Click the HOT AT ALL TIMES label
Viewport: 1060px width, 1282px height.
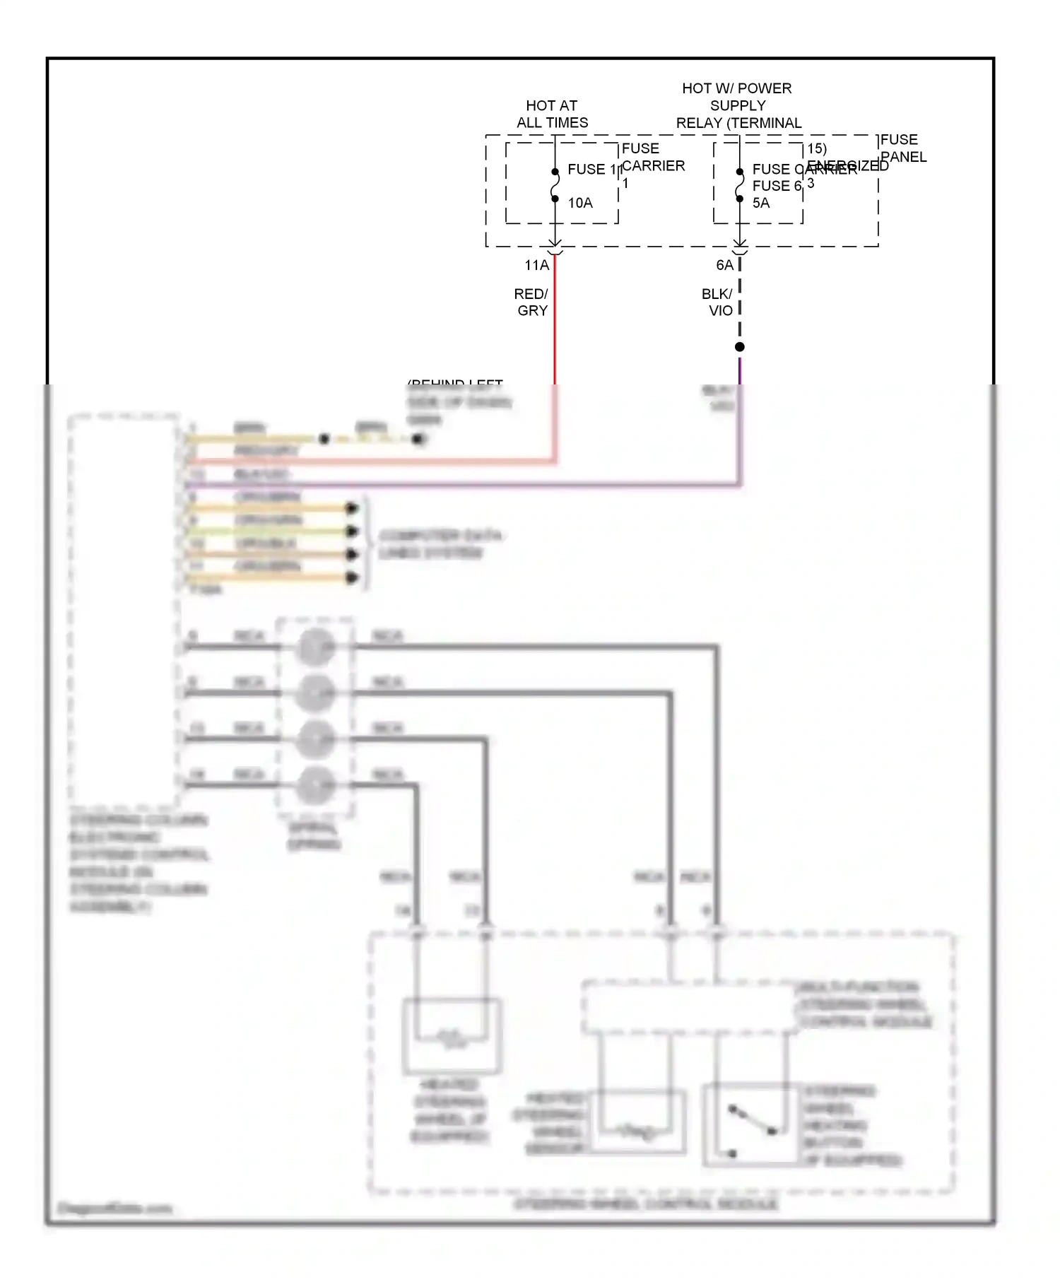[552, 114]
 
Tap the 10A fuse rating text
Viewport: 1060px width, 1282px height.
[579, 203]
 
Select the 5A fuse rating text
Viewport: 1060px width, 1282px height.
[760, 203]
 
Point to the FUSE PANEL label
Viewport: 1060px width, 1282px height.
[902, 148]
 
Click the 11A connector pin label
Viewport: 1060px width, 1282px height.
[536, 265]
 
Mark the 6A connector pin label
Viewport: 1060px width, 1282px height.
[724, 265]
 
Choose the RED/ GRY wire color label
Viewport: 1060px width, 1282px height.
[531, 302]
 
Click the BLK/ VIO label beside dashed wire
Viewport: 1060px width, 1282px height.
[717, 302]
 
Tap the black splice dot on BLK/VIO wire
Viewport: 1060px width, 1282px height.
[739, 347]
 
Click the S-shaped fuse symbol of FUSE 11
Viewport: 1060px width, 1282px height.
[555, 185]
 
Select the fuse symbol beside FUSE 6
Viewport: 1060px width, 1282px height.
[739, 185]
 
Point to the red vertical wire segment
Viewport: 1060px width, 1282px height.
[555, 318]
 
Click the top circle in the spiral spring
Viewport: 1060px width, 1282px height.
[315, 647]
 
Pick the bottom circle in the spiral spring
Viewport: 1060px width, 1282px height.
[315, 785]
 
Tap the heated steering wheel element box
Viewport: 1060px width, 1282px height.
[452, 1036]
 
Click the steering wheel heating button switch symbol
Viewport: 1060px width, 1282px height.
[751, 1124]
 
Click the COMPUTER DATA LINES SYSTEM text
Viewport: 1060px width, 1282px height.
[440, 543]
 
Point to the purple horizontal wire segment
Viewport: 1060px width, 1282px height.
[459, 486]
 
